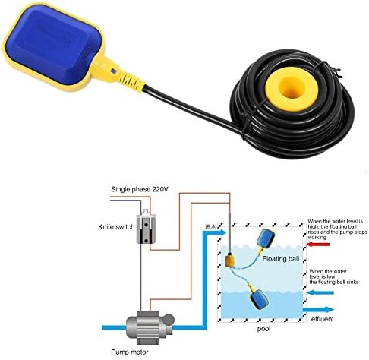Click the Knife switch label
(115, 226)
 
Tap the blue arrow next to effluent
(324, 309)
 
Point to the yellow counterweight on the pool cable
(231, 261)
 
